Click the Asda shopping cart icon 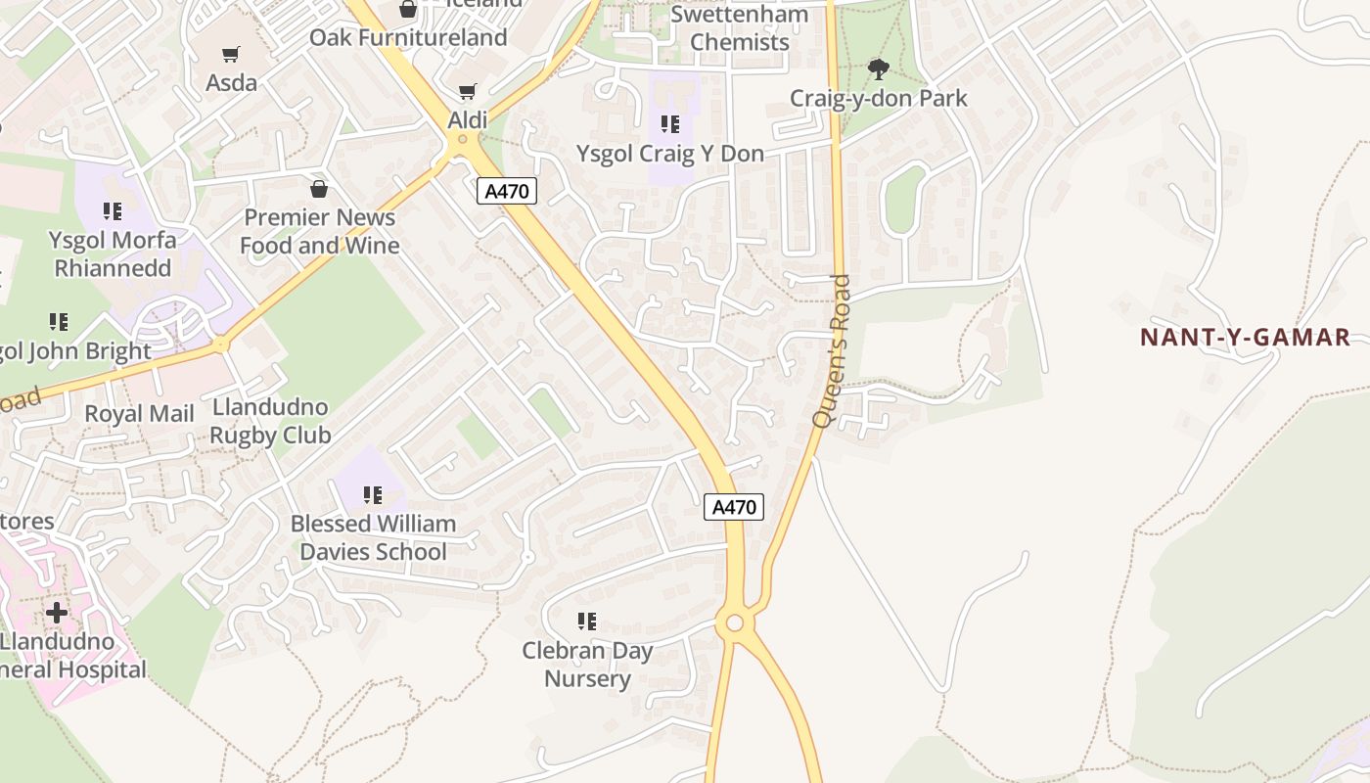pyautogui.click(x=230, y=55)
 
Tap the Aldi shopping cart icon pyautogui.click(x=468, y=92)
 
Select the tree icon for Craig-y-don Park pyautogui.click(x=878, y=69)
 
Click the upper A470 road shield pyautogui.click(x=507, y=191)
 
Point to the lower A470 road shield pyautogui.click(x=734, y=507)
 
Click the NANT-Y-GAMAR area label pyautogui.click(x=1245, y=338)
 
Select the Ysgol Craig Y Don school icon pyautogui.click(x=670, y=124)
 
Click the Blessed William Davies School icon pyautogui.click(x=373, y=495)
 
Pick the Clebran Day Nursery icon pyautogui.click(x=587, y=622)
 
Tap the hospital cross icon pyautogui.click(x=57, y=613)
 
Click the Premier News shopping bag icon pyautogui.click(x=319, y=189)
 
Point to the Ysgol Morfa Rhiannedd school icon pyautogui.click(x=113, y=211)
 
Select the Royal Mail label pyautogui.click(x=139, y=414)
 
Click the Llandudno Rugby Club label pyautogui.click(x=270, y=421)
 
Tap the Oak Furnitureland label pyautogui.click(x=408, y=37)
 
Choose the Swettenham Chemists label pyautogui.click(x=739, y=28)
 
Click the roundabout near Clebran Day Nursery pyautogui.click(x=735, y=623)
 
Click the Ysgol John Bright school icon pyautogui.click(x=59, y=322)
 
